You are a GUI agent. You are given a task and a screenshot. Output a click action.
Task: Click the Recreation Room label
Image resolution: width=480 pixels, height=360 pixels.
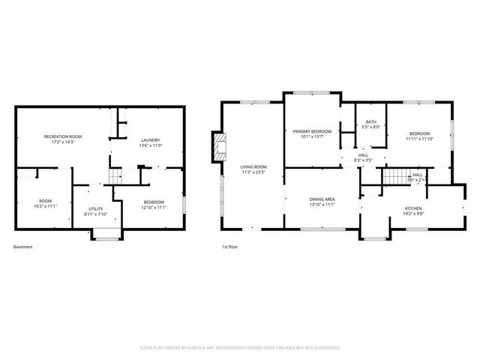63,136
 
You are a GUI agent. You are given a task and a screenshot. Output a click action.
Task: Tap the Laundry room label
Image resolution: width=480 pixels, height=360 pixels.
151,140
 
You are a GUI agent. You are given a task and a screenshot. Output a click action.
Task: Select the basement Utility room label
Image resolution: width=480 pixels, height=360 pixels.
95,208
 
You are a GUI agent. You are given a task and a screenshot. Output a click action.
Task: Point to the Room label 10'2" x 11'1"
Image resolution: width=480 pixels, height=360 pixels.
46,201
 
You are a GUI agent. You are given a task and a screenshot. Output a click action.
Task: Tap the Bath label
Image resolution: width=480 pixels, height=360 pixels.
371,122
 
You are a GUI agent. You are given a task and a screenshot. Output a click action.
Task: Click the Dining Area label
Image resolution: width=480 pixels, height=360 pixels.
322,199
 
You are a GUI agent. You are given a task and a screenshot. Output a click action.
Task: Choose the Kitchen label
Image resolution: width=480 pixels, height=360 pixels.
413,208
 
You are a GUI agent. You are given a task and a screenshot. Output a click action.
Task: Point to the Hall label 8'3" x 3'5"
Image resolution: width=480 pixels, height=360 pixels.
362,155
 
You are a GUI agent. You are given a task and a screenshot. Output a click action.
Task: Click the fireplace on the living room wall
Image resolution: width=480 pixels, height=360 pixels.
219,148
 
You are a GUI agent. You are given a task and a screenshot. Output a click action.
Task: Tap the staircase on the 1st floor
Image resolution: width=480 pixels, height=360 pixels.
394,178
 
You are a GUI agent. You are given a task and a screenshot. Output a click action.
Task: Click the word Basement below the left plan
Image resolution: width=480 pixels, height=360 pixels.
23,246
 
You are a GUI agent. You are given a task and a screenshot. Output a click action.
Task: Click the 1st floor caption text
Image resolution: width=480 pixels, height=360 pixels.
229,246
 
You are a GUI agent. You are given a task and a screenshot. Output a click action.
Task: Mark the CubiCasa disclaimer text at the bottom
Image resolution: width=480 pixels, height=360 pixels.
240,347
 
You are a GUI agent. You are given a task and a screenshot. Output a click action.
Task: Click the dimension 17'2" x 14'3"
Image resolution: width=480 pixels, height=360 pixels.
63,142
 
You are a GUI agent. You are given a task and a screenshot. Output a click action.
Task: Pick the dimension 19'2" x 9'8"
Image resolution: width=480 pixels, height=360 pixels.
413,214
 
